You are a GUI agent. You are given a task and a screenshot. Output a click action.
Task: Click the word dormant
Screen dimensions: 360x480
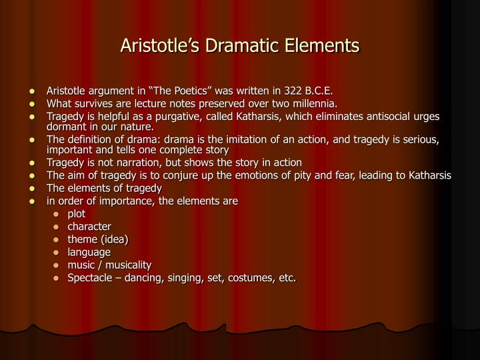click(66, 126)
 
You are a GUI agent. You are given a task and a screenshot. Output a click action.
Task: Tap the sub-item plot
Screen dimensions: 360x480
click(77, 214)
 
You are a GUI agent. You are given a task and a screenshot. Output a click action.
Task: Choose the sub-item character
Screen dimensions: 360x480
click(89, 227)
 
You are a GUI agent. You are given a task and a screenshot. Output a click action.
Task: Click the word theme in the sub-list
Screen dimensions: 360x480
click(81, 239)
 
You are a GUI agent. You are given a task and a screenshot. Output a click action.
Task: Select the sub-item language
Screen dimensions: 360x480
click(89, 252)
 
